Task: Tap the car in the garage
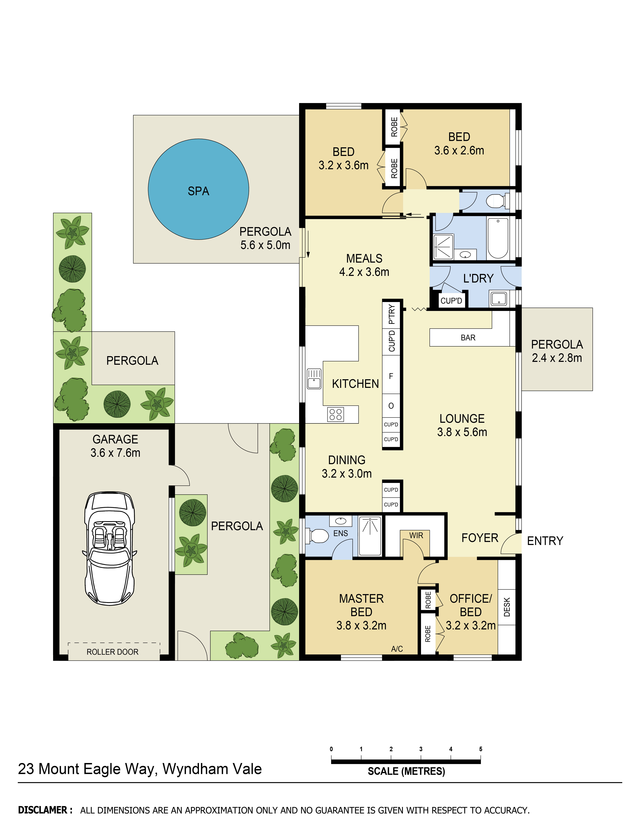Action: pos(110,548)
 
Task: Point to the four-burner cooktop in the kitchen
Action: pos(336,414)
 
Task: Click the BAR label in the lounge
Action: pos(468,338)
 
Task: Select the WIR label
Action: pos(416,535)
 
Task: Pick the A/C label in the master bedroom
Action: pos(397,649)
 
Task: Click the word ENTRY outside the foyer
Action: pos(545,541)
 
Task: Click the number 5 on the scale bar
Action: pos(481,749)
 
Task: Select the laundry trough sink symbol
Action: pos(499,299)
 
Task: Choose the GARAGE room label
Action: pos(115,439)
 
